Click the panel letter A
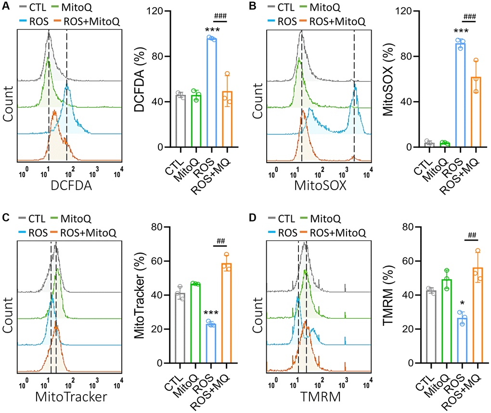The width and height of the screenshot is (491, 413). coord(5,7)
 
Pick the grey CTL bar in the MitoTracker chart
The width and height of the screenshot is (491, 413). coord(180,327)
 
